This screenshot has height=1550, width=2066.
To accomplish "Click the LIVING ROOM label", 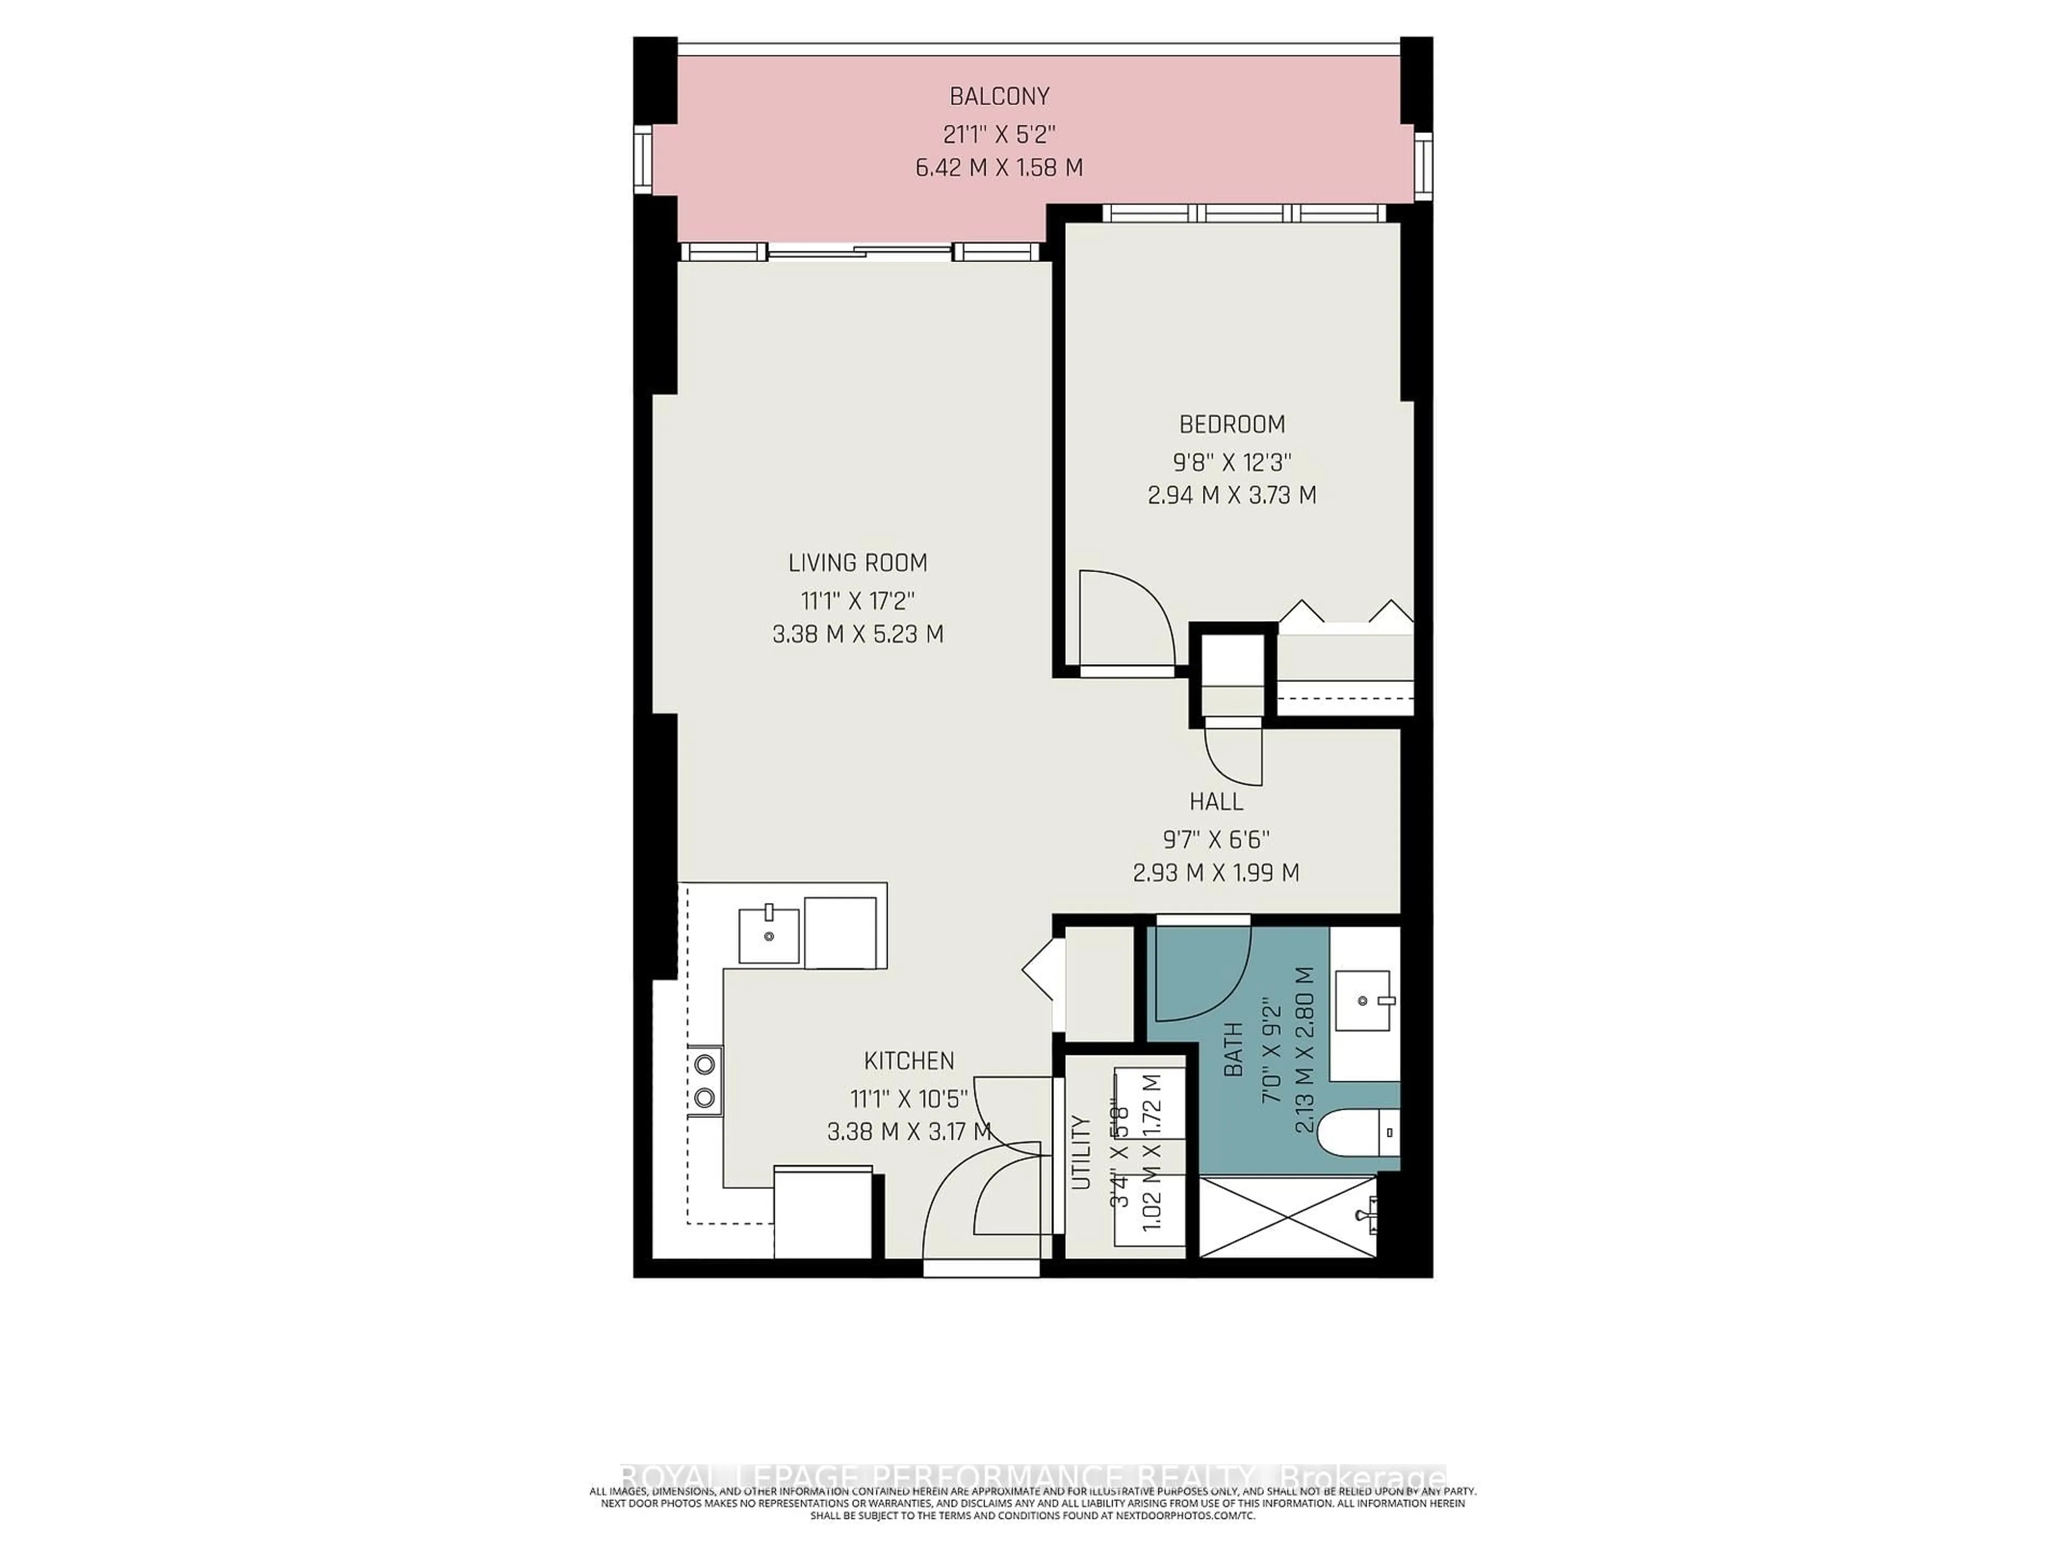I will (x=858, y=562).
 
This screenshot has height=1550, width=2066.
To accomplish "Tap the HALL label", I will (x=1216, y=801).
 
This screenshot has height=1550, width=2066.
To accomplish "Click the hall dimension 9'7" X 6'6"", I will (x=1216, y=838).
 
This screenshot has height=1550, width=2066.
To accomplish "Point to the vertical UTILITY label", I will (x=1081, y=1152).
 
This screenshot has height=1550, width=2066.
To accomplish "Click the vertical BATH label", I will (x=1233, y=1050).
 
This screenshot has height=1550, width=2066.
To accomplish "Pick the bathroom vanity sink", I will (x=1364, y=1001).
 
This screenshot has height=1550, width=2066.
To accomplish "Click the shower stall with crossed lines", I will (x=1287, y=1216).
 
